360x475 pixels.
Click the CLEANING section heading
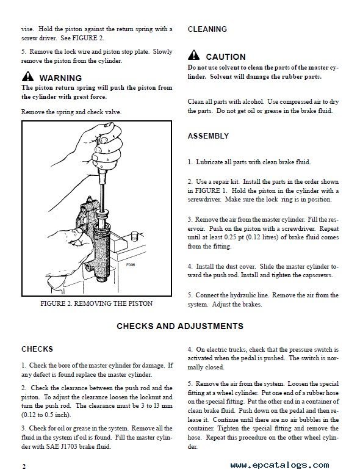click(x=207, y=29)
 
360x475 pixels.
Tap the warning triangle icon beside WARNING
click(x=27, y=76)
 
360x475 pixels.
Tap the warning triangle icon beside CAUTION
click(x=193, y=55)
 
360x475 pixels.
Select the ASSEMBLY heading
click(x=208, y=136)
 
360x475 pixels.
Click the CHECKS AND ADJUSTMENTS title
click(x=180, y=326)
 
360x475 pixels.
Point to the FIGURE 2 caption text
click(x=96, y=303)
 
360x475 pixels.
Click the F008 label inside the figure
click(x=131, y=265)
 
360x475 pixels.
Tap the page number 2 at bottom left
click(x=24, y=466)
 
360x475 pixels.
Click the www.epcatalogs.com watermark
click(x=279, y=465)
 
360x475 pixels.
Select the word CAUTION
click(x=226, y=57)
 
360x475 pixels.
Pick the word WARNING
click(x=60, y=78)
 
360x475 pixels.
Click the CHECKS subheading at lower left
click(x=37, y=349)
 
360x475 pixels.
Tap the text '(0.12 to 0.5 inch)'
click(x=46, y=415)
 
